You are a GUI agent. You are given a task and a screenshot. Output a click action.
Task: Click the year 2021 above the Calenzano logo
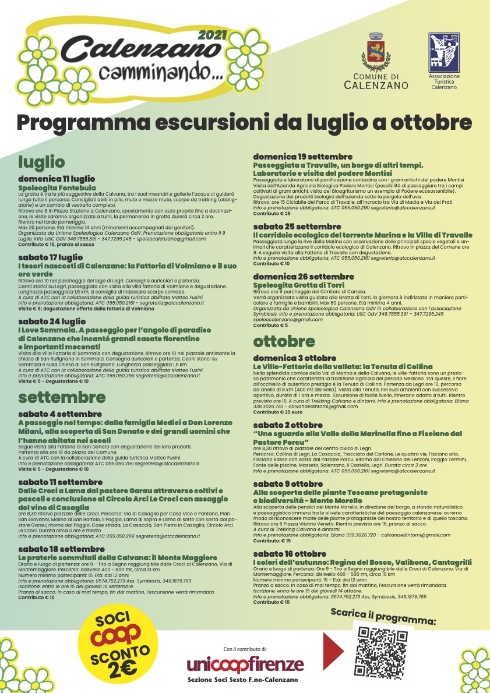212,35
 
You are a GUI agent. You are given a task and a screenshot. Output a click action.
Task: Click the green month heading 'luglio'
41,161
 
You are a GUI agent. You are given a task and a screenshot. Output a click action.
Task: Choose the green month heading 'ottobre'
284,341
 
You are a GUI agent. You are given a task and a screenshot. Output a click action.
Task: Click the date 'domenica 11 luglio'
57,178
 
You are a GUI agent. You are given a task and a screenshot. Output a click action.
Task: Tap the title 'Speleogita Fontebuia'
57,188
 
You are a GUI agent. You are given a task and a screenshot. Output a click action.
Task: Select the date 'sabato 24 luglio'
52,321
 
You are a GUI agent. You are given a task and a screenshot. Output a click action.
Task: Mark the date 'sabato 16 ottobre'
290,553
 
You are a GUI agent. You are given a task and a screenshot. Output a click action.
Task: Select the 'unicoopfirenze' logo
245,664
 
